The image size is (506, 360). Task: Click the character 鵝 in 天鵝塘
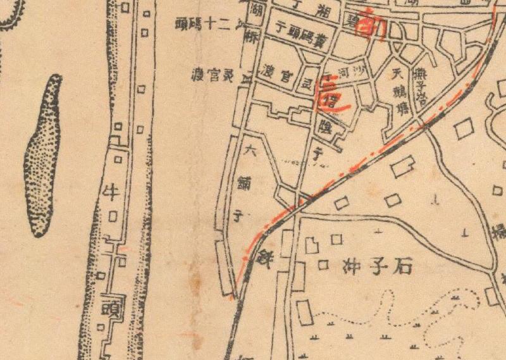(x=400, y=90)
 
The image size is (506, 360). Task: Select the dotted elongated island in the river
(x=43, y=155)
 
